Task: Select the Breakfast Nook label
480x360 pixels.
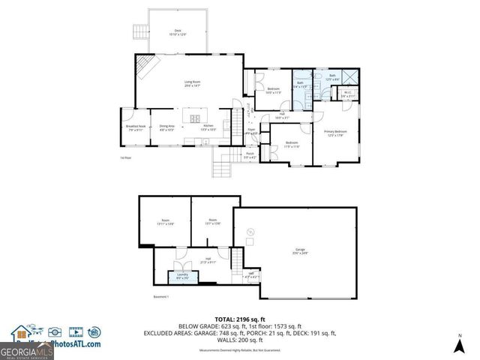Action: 136,127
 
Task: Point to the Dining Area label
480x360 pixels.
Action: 166,127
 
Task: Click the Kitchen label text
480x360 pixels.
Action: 208,127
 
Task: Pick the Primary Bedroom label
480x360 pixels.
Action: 334,133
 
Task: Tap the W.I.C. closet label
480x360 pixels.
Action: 347,95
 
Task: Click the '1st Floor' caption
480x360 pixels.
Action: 125,158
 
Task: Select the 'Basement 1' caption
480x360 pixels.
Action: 163,297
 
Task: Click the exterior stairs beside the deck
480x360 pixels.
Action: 139,31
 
